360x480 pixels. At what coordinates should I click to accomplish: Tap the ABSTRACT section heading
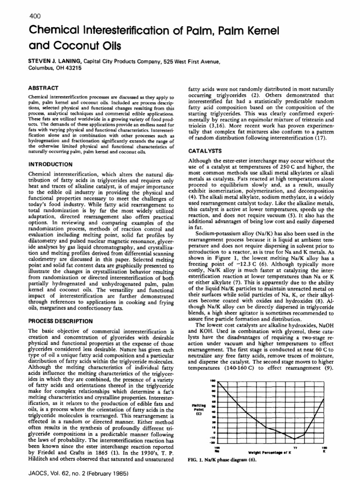(x=43, y=88)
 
